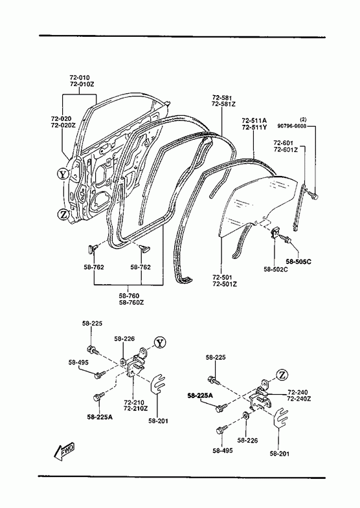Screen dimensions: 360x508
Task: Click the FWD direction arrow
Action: [x=64, y=450]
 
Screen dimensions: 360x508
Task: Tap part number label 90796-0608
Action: [x=291, y=126]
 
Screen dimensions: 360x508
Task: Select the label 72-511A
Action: [x=254, y=120]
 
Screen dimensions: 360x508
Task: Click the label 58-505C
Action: [x=298, y=262]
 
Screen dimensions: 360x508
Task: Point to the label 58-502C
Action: [x=275, y=269]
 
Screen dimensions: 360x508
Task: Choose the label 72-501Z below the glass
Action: [x=225, y=284]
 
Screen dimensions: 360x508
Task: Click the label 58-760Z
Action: [x=131, y=303]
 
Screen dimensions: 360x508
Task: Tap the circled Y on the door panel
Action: [x=63, y=174]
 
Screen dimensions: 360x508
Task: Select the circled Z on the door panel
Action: [x=63, y=214]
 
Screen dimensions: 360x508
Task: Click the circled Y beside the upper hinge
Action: [x=159, y=342]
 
